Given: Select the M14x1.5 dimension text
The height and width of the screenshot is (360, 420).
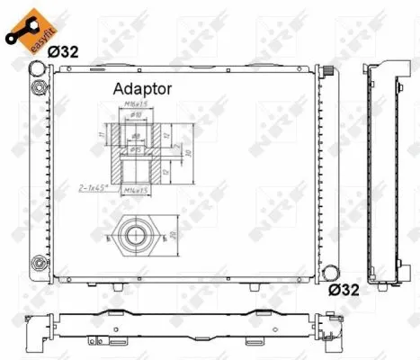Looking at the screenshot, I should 136,190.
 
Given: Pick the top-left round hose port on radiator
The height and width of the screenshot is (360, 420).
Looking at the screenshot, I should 38,86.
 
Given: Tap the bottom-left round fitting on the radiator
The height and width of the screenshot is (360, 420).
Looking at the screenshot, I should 38,264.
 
